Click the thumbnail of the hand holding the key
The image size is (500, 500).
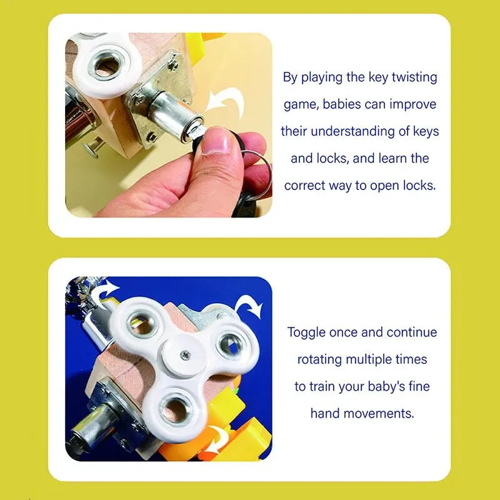coord(169,125)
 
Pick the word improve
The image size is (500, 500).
coord(413,104)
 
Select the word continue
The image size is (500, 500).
coord(412,332)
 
